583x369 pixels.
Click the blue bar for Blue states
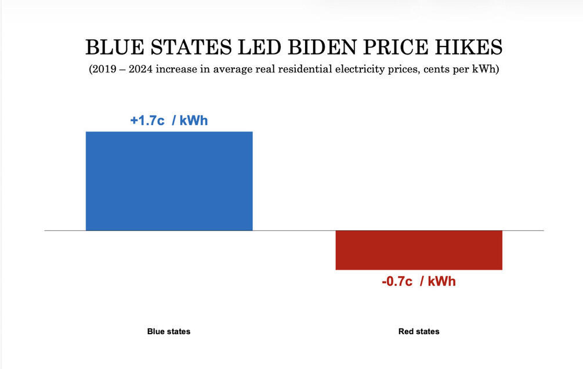pyautogui.click(x=169, y=181)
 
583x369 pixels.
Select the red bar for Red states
pyautogui.click(x=419, y=250)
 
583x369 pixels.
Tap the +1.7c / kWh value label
pyautogui.click(x=169, y=121)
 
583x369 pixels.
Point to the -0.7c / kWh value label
pyautogui.click(x=418, y=281)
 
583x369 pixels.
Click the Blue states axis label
pyautogui.click(x=169, y=332)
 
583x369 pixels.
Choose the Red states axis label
pyautogui.click(x=419, y=332)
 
